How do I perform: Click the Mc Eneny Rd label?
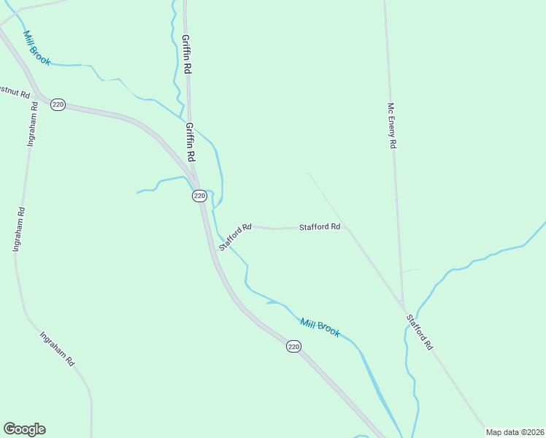(391, 126)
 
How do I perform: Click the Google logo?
(24, 429)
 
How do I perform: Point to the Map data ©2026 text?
(515, 432)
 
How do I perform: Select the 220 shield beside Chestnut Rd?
(58, 105)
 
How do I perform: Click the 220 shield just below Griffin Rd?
(199, 196)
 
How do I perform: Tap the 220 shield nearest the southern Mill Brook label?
(293, 347)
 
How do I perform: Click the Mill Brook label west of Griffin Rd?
(36, 48)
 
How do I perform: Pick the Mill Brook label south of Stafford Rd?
(320, 326)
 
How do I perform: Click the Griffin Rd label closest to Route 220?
(190, 142)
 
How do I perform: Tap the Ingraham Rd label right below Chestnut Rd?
(31, 125)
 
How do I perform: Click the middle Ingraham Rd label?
(18, 230)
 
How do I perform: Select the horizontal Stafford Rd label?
(320, 227)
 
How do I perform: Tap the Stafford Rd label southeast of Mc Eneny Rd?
(420, 333)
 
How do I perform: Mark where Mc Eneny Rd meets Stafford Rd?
(402, 304)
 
